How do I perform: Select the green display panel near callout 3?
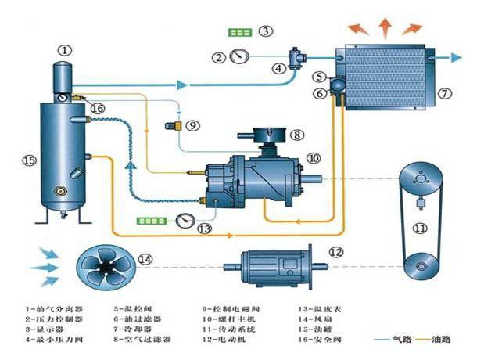[238, 33]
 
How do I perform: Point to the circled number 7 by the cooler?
[443, 93]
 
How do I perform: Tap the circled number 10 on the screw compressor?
[314, 158]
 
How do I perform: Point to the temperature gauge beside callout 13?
[185, 220]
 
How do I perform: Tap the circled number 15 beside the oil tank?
[28, 160]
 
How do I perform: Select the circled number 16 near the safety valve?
[96, 108]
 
